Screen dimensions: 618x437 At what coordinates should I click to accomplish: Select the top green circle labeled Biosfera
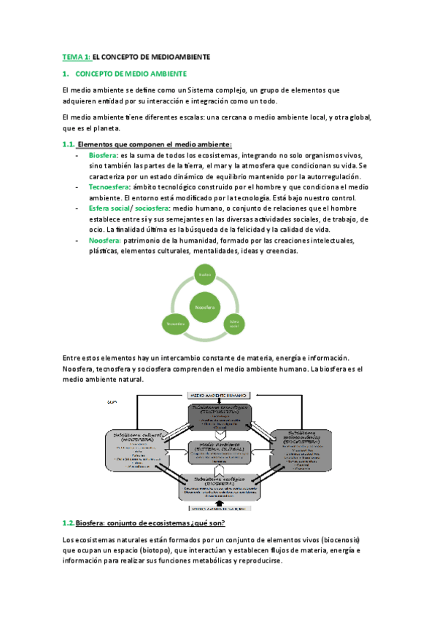tap(207, 275)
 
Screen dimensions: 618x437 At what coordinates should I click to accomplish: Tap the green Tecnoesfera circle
tap(176, 322)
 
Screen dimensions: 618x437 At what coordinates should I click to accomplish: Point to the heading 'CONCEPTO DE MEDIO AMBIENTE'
tap(131, 74)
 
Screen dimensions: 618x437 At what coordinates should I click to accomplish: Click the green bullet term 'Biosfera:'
tap(102, 156)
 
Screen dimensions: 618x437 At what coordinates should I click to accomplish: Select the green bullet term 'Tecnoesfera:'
tap(109, 187)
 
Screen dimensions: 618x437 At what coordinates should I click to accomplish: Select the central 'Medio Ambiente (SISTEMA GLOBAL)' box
tap(220, 452)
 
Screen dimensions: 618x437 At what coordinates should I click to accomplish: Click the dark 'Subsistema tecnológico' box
tap(220, 415)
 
